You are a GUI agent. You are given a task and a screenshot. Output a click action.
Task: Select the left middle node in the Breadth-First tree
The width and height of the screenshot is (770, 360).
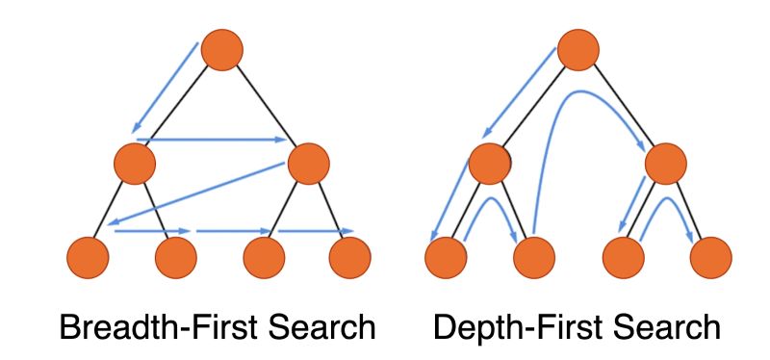pos(135,165)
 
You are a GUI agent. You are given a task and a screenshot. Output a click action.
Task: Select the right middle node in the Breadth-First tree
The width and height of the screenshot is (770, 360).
pos(309,165)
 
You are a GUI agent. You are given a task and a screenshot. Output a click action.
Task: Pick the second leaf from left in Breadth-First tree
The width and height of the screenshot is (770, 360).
pos(175,257)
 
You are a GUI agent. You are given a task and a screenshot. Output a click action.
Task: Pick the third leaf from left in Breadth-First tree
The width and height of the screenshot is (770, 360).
pos(263,257)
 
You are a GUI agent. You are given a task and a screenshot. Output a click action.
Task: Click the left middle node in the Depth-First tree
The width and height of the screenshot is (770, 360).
pos(490,165)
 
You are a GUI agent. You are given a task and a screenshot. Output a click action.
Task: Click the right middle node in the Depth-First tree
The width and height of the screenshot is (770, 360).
pos(665,165)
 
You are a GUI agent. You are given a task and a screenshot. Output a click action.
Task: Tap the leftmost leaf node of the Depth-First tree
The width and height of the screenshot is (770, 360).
pos(445,257)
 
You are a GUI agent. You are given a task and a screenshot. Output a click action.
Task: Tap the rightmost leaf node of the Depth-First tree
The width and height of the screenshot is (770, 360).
pos(710,257)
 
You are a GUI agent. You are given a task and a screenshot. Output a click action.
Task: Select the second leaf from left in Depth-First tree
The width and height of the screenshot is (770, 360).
pos(533,257)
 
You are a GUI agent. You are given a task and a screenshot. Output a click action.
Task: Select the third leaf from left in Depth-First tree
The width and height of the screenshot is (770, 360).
pos(622,257)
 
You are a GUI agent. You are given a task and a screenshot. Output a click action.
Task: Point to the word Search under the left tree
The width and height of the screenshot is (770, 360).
pos(321,327)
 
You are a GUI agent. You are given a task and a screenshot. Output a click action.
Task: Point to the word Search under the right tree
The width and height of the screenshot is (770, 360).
pos(666,327)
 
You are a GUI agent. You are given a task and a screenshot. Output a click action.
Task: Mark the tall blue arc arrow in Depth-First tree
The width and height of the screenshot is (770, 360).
pos(577,96)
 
